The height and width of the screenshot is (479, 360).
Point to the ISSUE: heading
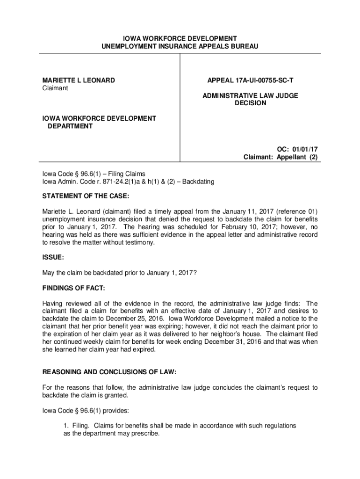53,257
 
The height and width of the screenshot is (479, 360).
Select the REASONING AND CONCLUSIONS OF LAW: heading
109,372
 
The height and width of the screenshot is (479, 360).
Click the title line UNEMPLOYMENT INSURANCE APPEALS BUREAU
180,46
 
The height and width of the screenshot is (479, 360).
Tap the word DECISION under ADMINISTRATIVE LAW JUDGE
250,103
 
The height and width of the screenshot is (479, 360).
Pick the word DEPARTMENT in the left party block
70,126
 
